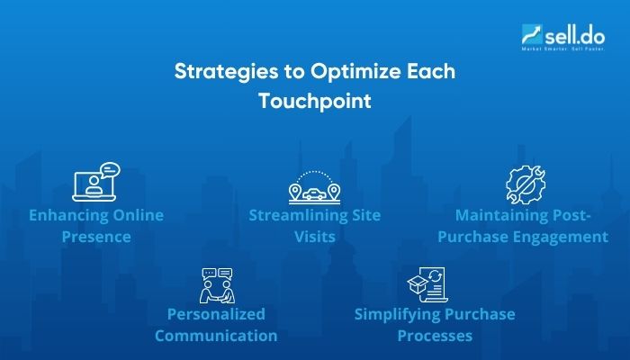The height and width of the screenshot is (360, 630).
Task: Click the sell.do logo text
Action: (566, 32)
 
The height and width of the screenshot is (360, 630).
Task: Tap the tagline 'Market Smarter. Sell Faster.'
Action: (559, 48)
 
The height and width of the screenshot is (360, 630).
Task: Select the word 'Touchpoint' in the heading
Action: (315, 102)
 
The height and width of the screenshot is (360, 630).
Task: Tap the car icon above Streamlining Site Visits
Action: (314, 187)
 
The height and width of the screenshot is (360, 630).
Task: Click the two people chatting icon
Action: (216, 284)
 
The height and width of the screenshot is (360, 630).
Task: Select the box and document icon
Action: (428, 285)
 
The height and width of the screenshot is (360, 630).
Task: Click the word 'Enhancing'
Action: (73, 216)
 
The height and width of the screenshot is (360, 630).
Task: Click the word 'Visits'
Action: (314, 238)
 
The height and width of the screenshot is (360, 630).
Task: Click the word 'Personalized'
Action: (216, 314)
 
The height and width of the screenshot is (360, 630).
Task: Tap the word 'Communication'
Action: (216, 336)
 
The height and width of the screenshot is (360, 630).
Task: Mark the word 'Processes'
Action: (434, 336)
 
